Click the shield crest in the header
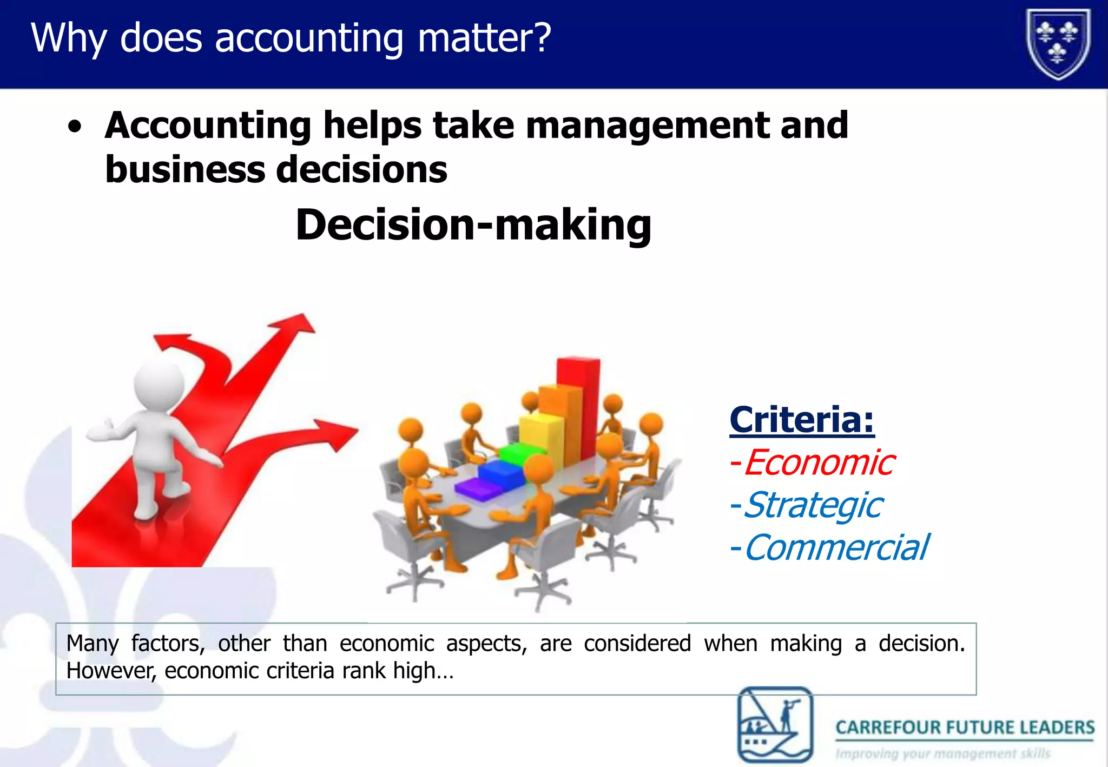pyautogui.click(x=1058, y=44)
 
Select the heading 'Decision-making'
pyautogui.click(x=473, y=225)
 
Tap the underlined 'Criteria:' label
pyautogui.click(x=802, y=420)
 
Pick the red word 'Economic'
pyautogui.click(x=819, y=463)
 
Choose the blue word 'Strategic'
pyautogui.click(x=813, y=505)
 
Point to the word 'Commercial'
pyautogui.click(x=836, y=547)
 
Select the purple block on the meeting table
pyautogui.click(x=479, y=490)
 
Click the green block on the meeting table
pyautogui.click(x=522, y=453)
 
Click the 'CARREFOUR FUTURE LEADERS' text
pyautogui.click(x=965, y=728)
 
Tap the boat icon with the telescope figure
pyautogui.click(x=775, y=724)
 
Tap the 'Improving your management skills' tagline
pyautogui.click(x=942, y=753)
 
